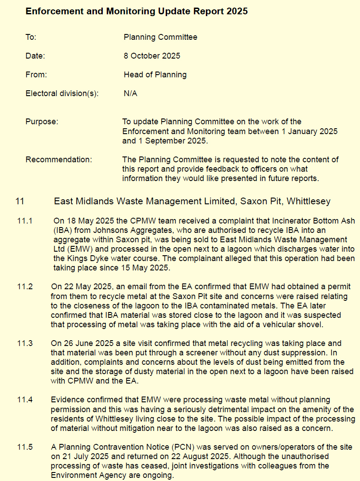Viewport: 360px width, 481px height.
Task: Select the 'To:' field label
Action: click(31, 37)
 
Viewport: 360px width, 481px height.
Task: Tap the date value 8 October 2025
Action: click(152, 56)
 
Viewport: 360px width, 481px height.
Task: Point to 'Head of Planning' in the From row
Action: click(155, 75)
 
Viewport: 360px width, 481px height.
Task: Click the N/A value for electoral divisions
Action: click(130, 93)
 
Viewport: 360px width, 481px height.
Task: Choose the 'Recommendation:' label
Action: click(59, 160)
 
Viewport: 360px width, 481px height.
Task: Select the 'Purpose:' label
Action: click(42, 121)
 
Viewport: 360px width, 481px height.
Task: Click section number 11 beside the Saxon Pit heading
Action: click(20, 201)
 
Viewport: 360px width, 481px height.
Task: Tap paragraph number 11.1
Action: click(25, 220)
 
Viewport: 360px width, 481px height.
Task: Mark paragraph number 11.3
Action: click(25, 343)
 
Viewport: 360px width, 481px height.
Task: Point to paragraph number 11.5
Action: click(25, 447)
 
